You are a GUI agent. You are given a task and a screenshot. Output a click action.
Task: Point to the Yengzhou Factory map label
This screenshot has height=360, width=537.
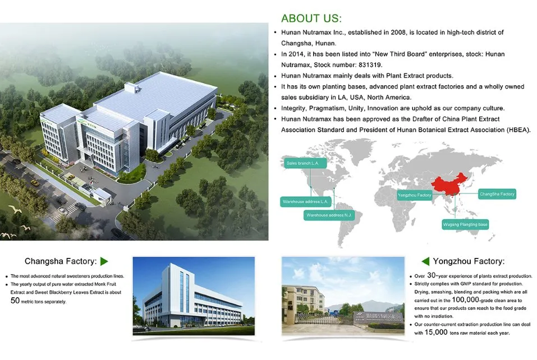coord(414,195)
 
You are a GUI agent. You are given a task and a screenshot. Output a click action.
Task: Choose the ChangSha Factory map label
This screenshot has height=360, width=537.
coord(497,194)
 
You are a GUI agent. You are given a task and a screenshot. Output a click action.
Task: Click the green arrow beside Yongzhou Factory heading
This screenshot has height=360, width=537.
coord(425,261)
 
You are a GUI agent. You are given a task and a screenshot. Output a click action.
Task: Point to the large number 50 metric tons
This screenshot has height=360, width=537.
coord(16,300)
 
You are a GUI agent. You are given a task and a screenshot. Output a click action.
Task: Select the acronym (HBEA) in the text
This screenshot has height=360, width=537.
coord(513,130)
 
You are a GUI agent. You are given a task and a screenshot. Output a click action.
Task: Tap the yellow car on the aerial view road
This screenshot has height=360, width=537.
coord(34,183)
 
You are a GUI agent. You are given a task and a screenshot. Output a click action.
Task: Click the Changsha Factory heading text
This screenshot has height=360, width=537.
coord(61,261)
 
